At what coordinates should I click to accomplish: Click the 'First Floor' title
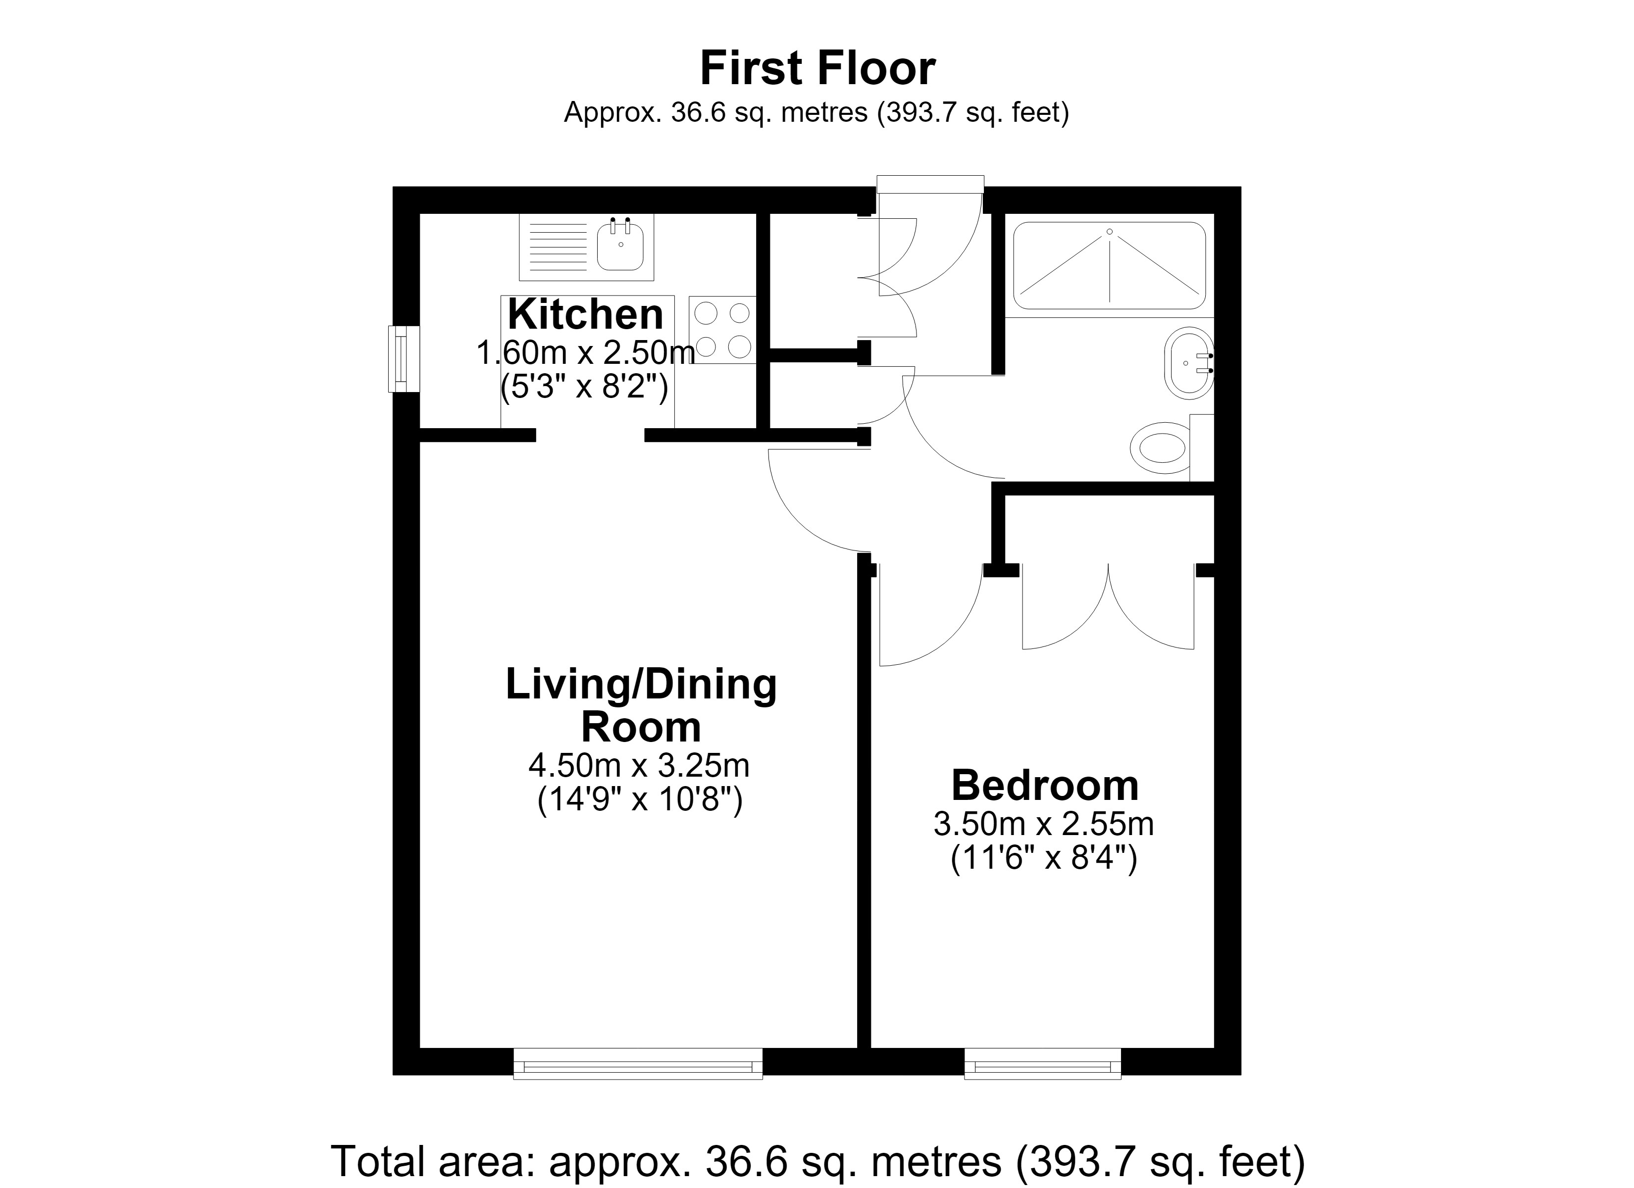tap(817, 68)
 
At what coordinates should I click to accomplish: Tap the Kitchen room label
tap(585, 314)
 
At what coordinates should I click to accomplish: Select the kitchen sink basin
tap(619, 246)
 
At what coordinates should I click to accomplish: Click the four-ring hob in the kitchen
tap(722, 330)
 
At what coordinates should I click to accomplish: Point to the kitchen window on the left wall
tap(404, 359)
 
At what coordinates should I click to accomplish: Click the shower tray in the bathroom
tap(1110, 266)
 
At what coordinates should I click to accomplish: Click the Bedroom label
tap(1045, 785)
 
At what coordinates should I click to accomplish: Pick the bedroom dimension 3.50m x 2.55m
tap(1044, 824)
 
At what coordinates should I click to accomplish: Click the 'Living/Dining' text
tap(641, 685)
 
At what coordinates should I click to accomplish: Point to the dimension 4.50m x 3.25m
tap(640, 766)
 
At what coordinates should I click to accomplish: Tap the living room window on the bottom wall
tap(638, 1063)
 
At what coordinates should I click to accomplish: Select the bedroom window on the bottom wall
tap(1042, 1063)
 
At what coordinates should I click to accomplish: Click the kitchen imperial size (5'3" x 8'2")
tap(584, 388)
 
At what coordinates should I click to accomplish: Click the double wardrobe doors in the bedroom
tap(1108, 606)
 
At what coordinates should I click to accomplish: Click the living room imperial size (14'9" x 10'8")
tap(640, 800)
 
